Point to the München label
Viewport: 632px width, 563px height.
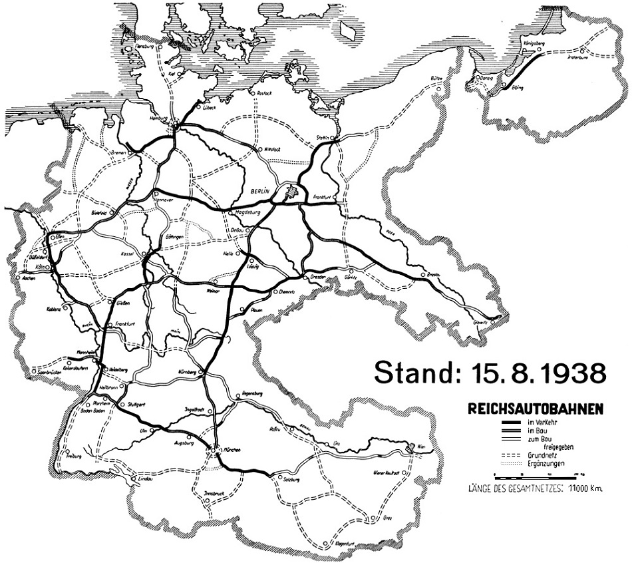pos(230,451)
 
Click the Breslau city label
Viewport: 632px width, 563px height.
pos(434,274)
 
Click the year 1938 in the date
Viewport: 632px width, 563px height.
pos(569,373)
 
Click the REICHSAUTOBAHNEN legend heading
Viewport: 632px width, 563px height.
pos(536,407)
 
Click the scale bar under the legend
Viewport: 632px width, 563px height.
pos(538,475)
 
